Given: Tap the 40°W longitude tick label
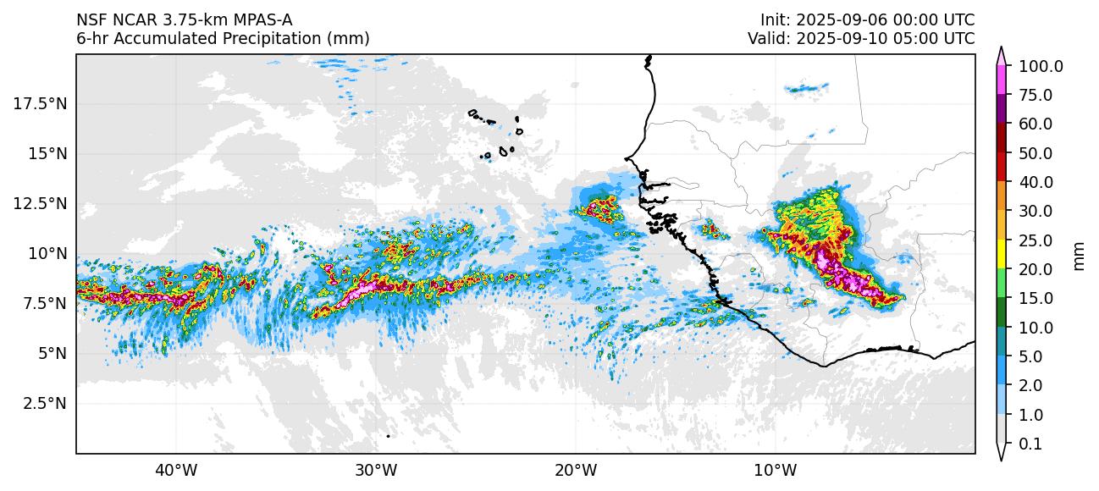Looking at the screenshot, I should point(176,471).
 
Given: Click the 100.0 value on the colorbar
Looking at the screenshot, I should point(1041,67).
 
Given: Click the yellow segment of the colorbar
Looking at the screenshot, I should point(1001,254).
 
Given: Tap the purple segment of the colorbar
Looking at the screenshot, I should point(1001,108).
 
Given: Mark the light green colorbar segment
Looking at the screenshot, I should point(1001,284).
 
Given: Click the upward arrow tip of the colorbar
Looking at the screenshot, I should point(1001,49).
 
